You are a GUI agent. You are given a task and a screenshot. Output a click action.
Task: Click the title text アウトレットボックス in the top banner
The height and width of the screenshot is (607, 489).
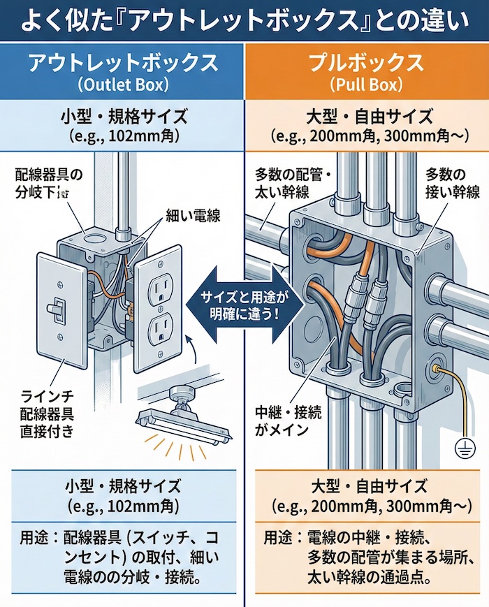pos(122,63)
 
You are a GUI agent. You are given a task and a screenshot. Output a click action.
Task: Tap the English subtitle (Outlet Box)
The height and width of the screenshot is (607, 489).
pos(122,85)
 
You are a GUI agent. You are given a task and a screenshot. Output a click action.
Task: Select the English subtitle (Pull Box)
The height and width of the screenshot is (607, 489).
pos(366,85)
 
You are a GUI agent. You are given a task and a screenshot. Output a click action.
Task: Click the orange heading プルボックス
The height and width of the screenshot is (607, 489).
pos(366,63)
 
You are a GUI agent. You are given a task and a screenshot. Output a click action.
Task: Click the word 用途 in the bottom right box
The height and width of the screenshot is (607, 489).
pos(277,539)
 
